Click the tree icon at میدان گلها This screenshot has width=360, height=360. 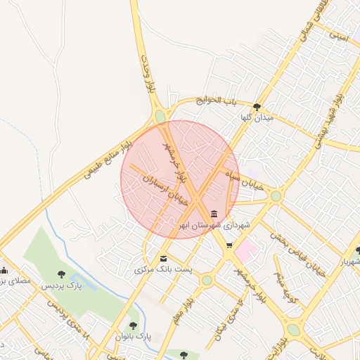coord(258,107)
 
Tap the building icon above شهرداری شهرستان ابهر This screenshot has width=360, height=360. coord(214,214)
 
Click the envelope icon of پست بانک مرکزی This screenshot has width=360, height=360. coord(164,259)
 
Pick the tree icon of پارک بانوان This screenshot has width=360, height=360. coord(133,325)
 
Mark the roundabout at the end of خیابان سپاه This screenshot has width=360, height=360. coord(276,196)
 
